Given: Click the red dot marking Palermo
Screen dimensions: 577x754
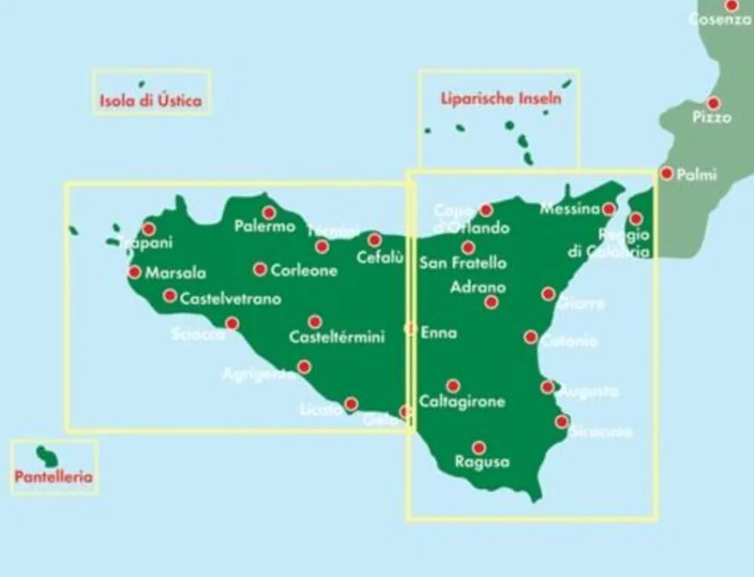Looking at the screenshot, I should [269, 213].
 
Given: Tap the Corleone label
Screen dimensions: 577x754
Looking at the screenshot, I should [303, 270].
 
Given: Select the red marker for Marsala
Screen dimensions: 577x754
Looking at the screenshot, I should [135, 272].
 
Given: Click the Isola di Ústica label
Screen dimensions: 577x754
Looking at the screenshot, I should [151, 100].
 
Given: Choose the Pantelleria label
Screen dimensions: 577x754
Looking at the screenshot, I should [54, 477].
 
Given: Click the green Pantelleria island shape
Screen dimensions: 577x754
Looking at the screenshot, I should [48, 456].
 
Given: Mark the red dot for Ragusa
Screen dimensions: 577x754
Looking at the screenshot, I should [478, 447].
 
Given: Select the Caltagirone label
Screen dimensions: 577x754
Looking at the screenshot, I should [461, 401].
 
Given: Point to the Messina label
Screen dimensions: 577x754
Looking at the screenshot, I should [569, 209].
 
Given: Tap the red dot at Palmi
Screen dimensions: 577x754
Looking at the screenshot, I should [667, 173].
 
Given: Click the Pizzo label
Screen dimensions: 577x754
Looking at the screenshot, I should [712, 118].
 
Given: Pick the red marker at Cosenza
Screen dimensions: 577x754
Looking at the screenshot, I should [731, 5].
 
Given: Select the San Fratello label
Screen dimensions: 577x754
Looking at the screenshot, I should [463, 263].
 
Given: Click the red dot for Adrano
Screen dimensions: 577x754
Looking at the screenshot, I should [492, 302].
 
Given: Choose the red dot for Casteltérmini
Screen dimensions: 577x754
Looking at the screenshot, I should [315, 322].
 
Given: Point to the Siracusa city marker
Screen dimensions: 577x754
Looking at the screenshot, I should [562, 422].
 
